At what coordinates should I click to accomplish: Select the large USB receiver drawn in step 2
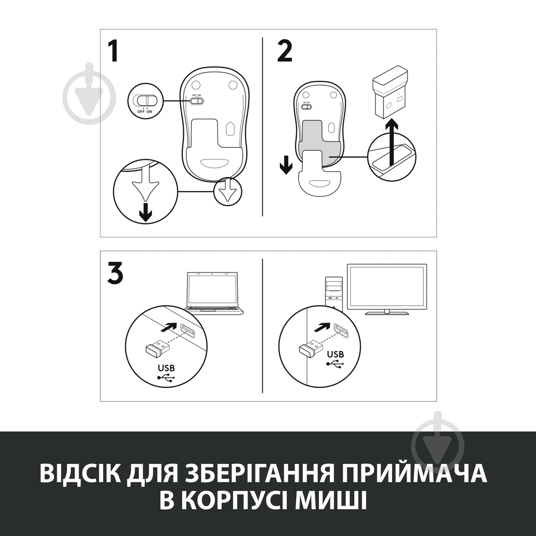[x=389, y=92]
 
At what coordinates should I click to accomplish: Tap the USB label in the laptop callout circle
[x=166, y=368]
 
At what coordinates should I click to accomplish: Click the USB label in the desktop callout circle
[x=336, y=354]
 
